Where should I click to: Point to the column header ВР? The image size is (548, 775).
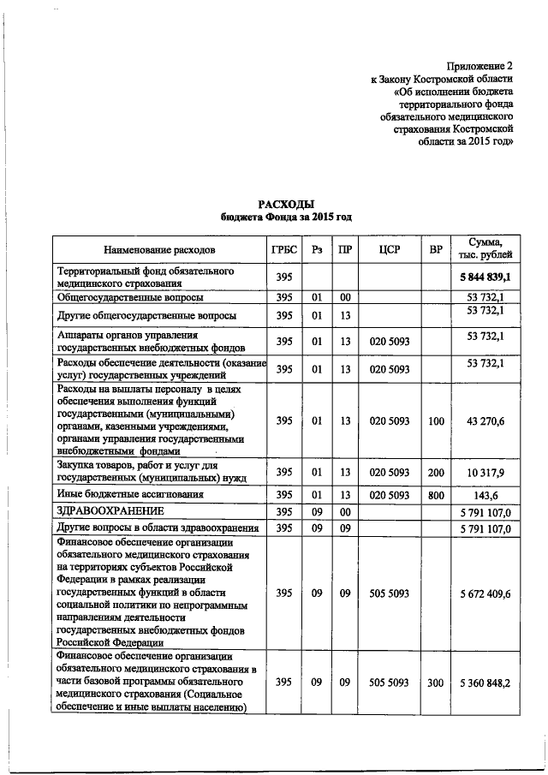coord(436,250)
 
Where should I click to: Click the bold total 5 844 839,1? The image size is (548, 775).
coord(484,277)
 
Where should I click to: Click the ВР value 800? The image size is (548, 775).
coord(436,495)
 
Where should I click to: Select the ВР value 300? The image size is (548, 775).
coord(436,683)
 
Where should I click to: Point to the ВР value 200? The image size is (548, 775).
coord(436,472)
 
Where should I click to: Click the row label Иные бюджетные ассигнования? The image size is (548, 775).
coord(129,495)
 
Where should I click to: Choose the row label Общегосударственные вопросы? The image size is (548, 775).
coord(129,297)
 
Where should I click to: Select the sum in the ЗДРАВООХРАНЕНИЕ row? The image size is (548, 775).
coord(484,512)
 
